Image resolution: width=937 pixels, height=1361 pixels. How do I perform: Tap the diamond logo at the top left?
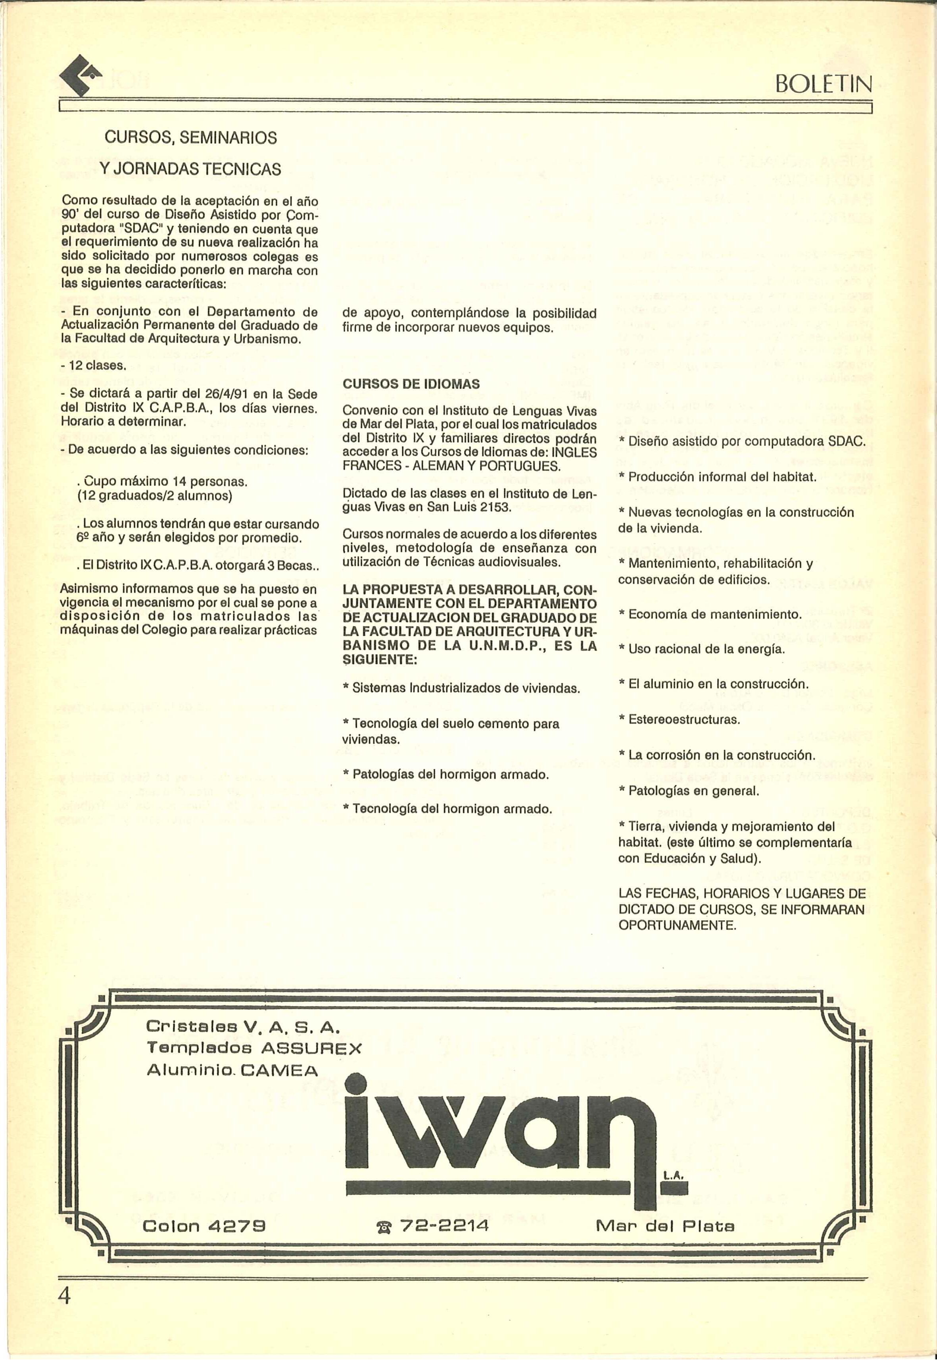[81, 76]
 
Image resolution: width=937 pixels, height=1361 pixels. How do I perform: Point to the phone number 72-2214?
[444, 1226]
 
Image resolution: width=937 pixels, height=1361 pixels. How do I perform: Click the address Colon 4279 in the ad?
[204, 1226]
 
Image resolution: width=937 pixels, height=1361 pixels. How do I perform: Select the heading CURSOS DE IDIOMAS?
[411, 384]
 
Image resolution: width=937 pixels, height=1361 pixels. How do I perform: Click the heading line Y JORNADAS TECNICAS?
[190, 170]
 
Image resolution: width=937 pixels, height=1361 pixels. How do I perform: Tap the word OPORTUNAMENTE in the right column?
[677, 925]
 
